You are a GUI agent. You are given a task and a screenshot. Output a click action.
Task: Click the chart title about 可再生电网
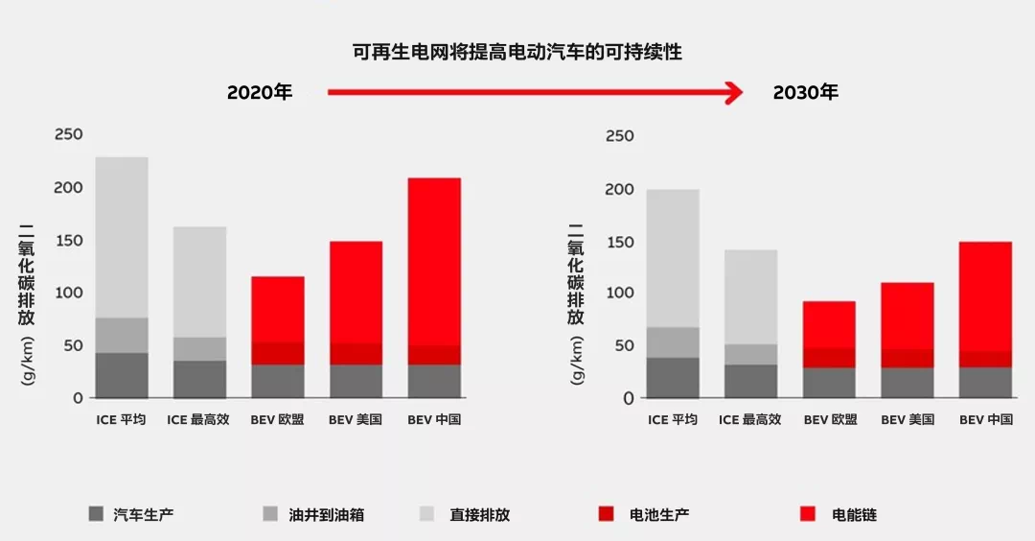[x=517, y=53]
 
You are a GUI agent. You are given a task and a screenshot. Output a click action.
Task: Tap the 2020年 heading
[x=260, y=93]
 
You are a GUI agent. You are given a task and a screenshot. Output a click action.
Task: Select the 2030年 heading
[x=805, y=93]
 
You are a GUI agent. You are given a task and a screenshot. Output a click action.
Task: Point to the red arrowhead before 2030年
[x=733, y=92]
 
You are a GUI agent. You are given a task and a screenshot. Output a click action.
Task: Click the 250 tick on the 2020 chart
[x=69, y=134]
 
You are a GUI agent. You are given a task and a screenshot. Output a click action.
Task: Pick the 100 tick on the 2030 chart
[x=619, y=293]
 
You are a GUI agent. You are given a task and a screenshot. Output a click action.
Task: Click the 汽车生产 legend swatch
[x=95, y=514]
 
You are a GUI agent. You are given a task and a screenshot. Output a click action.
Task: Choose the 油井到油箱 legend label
[x=326, y=515]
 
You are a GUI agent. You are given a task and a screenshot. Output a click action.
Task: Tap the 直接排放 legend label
[x=479, y=515]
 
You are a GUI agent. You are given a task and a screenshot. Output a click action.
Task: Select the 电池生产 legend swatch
[x=607, y=514]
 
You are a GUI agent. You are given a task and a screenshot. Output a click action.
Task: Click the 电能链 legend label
[x=854, y=515]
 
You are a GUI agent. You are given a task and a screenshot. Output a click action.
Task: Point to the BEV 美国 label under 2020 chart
[x=356, y=420]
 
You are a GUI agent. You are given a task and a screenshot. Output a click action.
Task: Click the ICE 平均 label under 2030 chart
[x=672, y=420]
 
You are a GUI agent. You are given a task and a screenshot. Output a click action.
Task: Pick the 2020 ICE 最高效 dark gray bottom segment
[x=199, y=379]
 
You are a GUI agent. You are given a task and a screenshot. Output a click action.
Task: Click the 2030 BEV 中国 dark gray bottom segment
[x=985, y=382]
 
